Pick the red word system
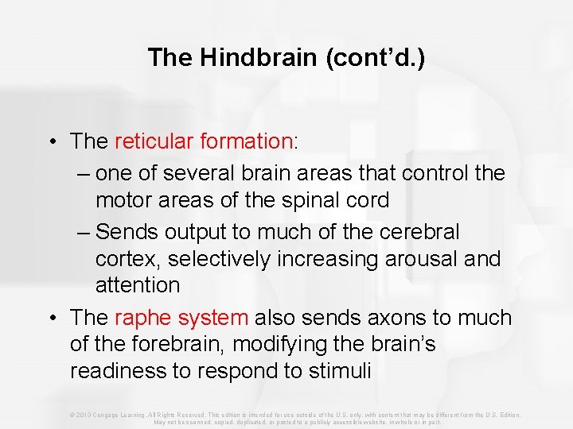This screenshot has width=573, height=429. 213,318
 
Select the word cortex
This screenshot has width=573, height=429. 123,259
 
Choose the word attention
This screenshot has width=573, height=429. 138,284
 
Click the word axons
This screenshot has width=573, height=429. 392,318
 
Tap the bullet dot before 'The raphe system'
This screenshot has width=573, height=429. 51,319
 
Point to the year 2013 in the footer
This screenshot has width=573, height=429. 82,415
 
